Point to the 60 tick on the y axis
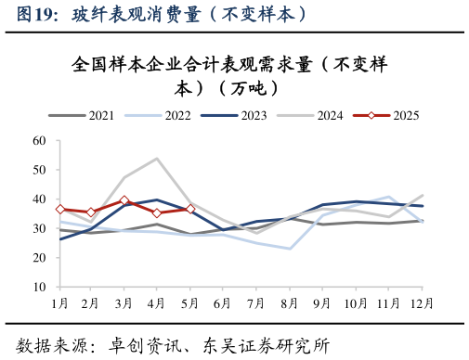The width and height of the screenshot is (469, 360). (39, 141)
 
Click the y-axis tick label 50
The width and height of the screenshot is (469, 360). (39, 170)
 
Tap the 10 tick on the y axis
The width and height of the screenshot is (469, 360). (39, 288)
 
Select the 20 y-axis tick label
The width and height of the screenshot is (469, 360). (39, 258)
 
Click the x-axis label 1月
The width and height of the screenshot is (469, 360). (59, 303)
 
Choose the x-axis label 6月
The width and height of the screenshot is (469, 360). (223, 303)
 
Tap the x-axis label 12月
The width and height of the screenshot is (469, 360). (421, 303)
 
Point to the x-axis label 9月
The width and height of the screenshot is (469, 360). (321, 303)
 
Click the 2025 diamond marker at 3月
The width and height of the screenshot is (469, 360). (124, 200)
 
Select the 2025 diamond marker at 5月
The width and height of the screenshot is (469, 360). (189, 209)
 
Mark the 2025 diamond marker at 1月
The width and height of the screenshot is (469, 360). (59, 210)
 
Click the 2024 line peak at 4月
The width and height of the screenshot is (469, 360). (157, 159)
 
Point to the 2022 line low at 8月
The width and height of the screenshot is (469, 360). (289, 249)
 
